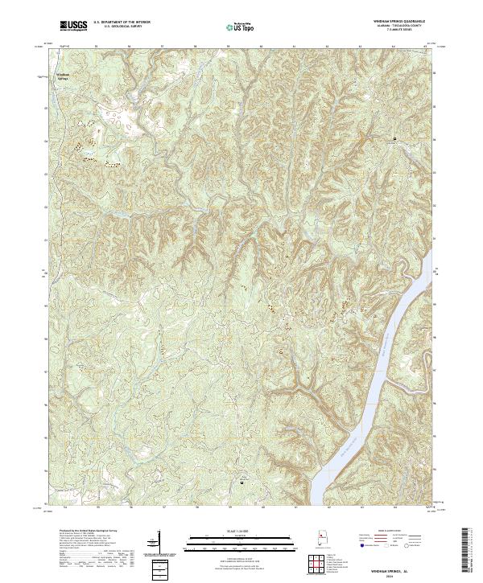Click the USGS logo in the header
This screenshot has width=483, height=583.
click(73, 26)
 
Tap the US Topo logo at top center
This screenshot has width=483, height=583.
click(242, 27)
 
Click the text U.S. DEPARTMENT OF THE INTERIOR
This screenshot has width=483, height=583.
click(122, 23)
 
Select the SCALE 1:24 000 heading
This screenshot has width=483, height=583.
click(241, 532)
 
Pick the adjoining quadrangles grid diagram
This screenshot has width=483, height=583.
click(320, 565)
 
